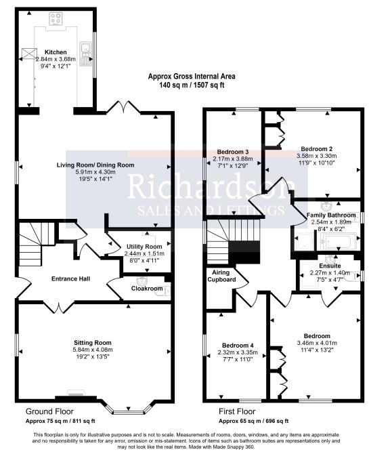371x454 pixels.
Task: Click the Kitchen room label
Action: click(x=56, y=51)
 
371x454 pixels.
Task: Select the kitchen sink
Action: click(x=87, y=48)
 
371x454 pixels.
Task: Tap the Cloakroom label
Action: click(x=147, y=288)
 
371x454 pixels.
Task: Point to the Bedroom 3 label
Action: click(x=233, y=151)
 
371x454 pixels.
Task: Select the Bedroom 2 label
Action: click(x=317, y=148)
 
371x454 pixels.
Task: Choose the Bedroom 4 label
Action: click(x=234, y=345)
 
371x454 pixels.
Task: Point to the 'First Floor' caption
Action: click(x=238, y=411)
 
